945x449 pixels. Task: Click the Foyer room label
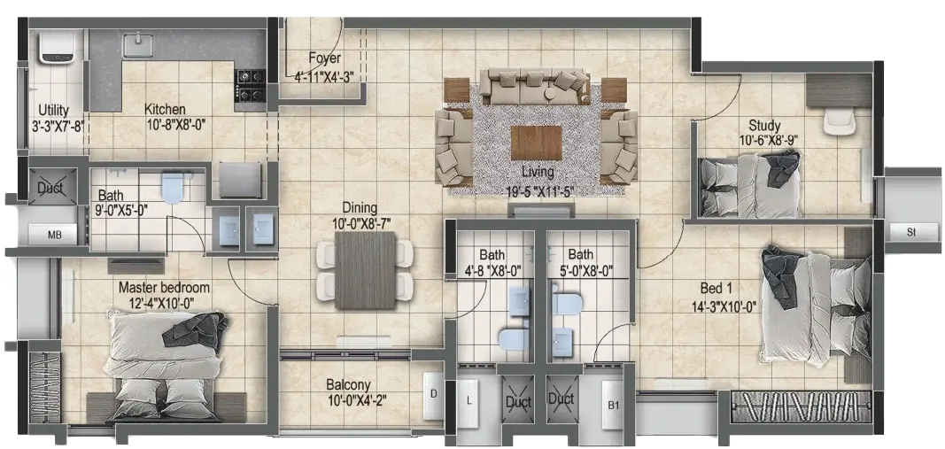[324, 58]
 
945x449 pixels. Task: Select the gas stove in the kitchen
[250, 86]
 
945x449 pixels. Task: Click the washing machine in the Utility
[57, 46]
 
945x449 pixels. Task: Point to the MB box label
[54, 234]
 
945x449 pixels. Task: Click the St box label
[910, 231]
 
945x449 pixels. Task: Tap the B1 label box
[613, 406]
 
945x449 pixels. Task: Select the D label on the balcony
[433, 396]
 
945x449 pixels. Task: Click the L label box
[469, 399]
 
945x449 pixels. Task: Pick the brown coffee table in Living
[537, 143]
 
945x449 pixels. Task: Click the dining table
[366, 270]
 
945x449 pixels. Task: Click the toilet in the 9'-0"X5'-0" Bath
[173, 188]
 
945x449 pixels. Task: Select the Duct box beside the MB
[52, 187]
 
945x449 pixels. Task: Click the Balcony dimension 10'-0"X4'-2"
[348, 399]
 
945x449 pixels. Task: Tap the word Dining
[360, 208]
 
